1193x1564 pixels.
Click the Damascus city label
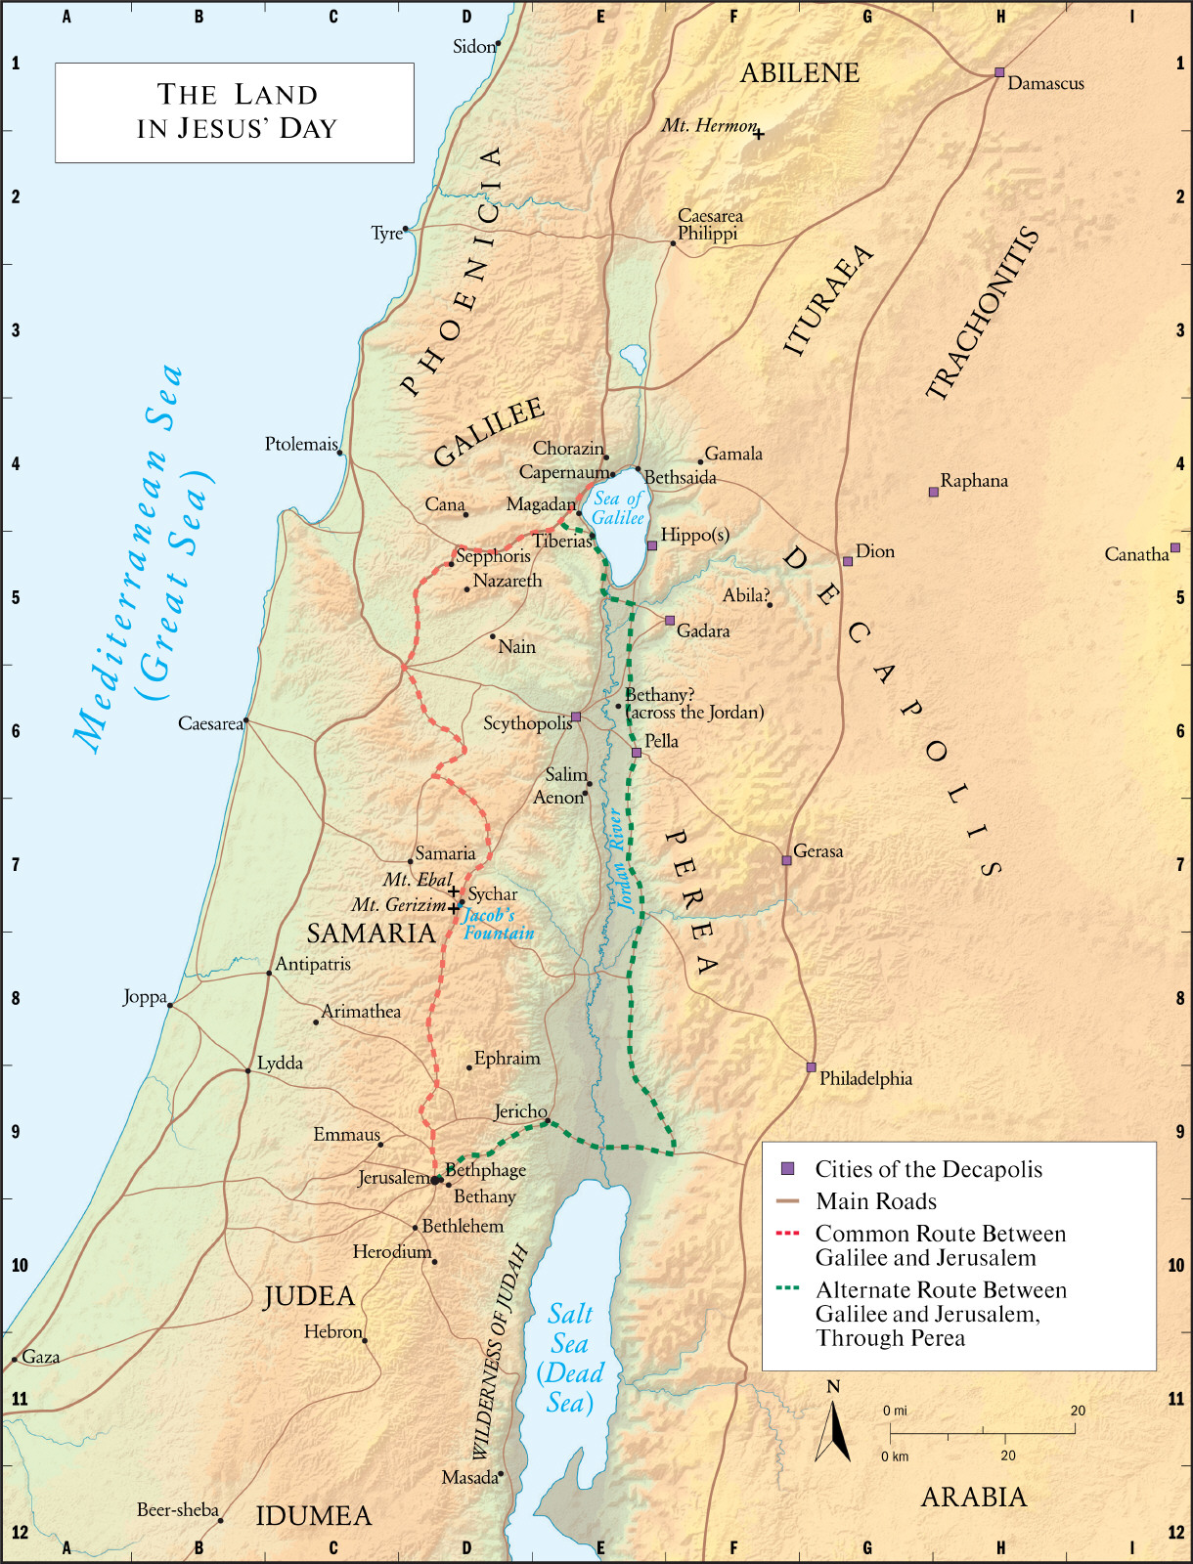click(1045, 84)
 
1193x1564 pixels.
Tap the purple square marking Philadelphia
click(811, 1067)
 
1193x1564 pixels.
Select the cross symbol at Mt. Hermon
click(758, 135)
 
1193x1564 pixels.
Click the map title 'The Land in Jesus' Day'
click(236, 111)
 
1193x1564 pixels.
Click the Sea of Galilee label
click(618, 508)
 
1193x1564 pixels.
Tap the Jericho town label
click(519, 1111)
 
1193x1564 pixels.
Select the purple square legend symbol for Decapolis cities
click(787, 1169)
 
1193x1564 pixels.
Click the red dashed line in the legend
click(787, 1234)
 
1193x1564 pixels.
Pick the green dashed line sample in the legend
click(787, 1289)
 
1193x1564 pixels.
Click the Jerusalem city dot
click(436, 1180)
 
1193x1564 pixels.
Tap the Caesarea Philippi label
click(709, 224)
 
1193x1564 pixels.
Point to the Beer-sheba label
click(177, 1510)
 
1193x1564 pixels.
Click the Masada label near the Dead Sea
click(469, 1477)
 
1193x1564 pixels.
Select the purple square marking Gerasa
click(786, 860)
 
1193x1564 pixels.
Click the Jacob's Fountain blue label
click(499, 924)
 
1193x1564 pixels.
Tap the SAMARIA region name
click(371, 933)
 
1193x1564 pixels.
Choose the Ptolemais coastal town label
click(300, 444)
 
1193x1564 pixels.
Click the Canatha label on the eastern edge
click(1136, 554)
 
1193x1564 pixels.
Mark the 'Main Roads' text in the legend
click(875, 1201)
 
